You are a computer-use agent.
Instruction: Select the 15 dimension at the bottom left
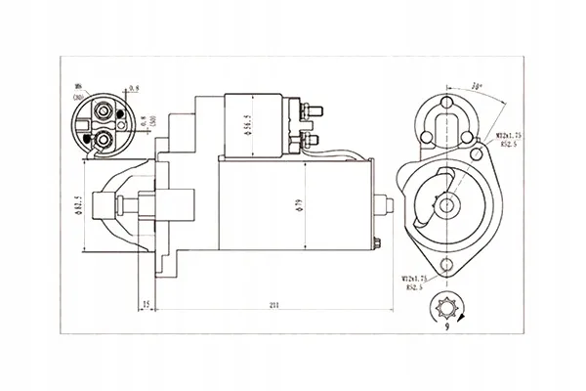pos(146,306)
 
